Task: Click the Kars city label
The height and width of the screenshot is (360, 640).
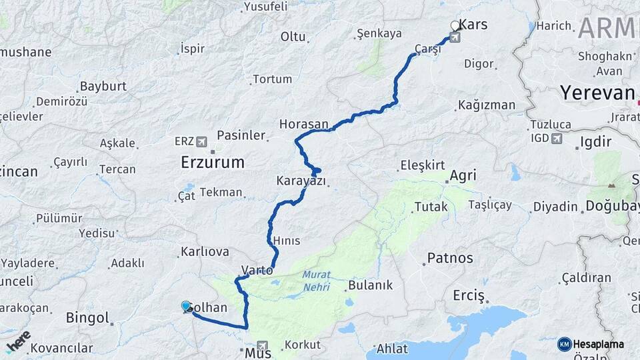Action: coord(474,25)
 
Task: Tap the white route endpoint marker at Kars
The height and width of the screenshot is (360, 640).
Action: coord(455,26)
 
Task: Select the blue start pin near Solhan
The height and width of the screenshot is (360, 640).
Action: coord(186,306)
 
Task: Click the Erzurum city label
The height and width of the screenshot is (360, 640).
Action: coord(213,162)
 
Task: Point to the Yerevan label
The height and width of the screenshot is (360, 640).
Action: coord(597,93)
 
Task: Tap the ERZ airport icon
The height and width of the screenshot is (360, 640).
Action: coord(202,141)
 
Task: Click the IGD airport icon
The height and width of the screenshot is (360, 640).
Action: coord(557,139)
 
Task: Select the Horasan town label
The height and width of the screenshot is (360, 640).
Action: coord(304,124)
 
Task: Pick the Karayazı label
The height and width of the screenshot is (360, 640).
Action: coord(301,181)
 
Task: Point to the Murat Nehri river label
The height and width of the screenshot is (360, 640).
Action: coord(316,280)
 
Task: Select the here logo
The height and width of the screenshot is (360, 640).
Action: coord(18,339)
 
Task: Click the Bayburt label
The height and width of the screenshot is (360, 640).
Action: coord(103,87)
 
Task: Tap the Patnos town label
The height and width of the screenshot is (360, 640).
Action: coord(450,258)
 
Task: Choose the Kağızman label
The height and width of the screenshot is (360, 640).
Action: coord(487,105)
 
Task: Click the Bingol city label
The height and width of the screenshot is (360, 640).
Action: coord(87,317)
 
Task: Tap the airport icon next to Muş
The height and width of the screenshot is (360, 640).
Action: coord(264,347)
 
